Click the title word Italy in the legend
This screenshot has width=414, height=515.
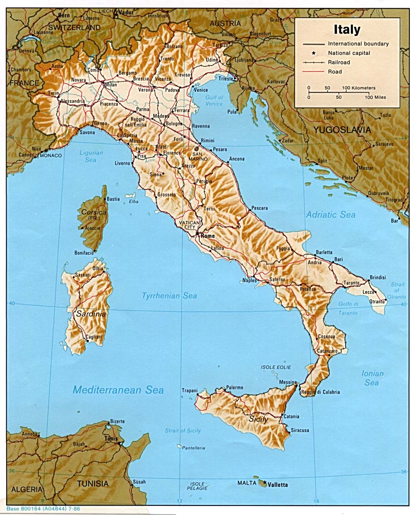pyautogui.click(x=347, y=30)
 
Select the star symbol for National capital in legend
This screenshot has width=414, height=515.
pyautogui.click(x=314, y=53)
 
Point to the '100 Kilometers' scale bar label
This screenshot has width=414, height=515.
pyautogui.click(x=359, y=88)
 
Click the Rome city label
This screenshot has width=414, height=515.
pyautogui.click(x=208, y=236)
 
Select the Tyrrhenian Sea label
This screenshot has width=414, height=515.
pyautogui.click(x=169, y=296)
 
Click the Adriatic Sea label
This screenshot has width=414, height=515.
pyautogui.click(x=331, y=215)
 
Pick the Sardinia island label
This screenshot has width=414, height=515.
pyautogui.click(x=91, y=314)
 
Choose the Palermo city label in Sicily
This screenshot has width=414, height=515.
pyautogui.click(x=234, y=388)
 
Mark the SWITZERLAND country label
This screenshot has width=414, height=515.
pyautogui.click(x=74, y=27)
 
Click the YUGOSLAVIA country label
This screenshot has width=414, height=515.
pyautogui.click(x=342, y=130)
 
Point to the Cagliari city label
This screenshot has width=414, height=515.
pyautogui.click(x=93, y=337)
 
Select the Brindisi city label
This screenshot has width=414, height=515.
pyautogui.click(x=378, y=277)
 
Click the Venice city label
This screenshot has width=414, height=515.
pyautogui.click(x=201, y=90)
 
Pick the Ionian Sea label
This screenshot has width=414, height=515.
pyautogui.click(x=372, y=378)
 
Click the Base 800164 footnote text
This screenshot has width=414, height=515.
pyautogui.click(x=43, y=509)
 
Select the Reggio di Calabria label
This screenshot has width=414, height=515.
pyautogui.click(x=326, y=392)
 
